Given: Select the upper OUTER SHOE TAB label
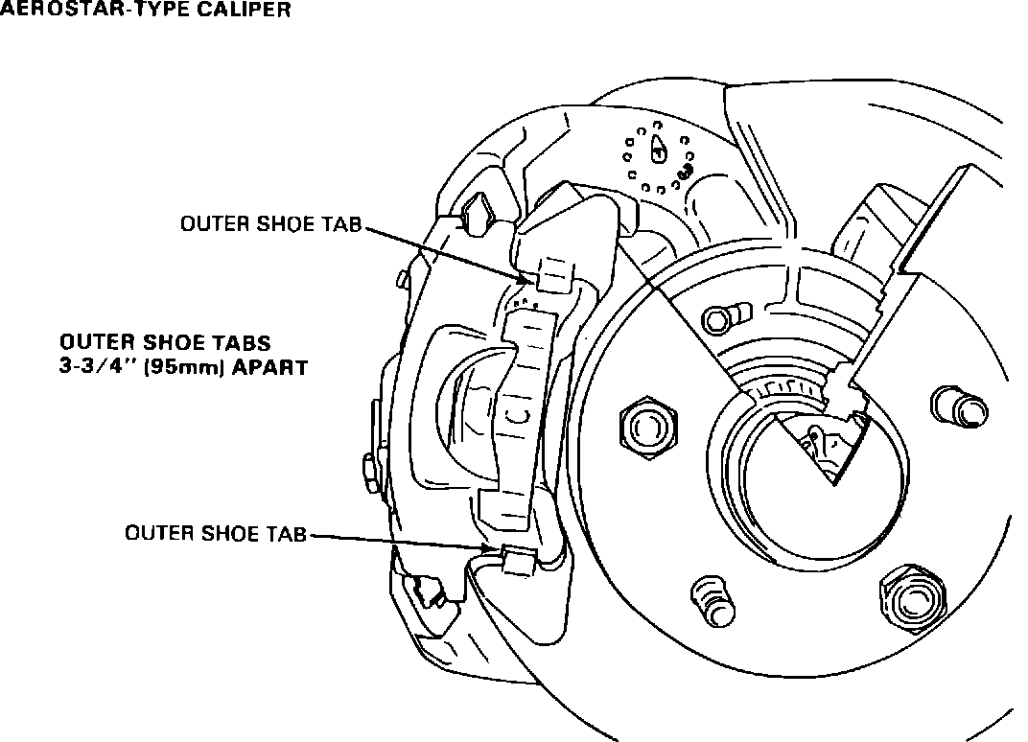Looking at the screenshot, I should click(x=272, y=224).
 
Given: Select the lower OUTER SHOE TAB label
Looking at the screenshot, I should click(x=216, y=534).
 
